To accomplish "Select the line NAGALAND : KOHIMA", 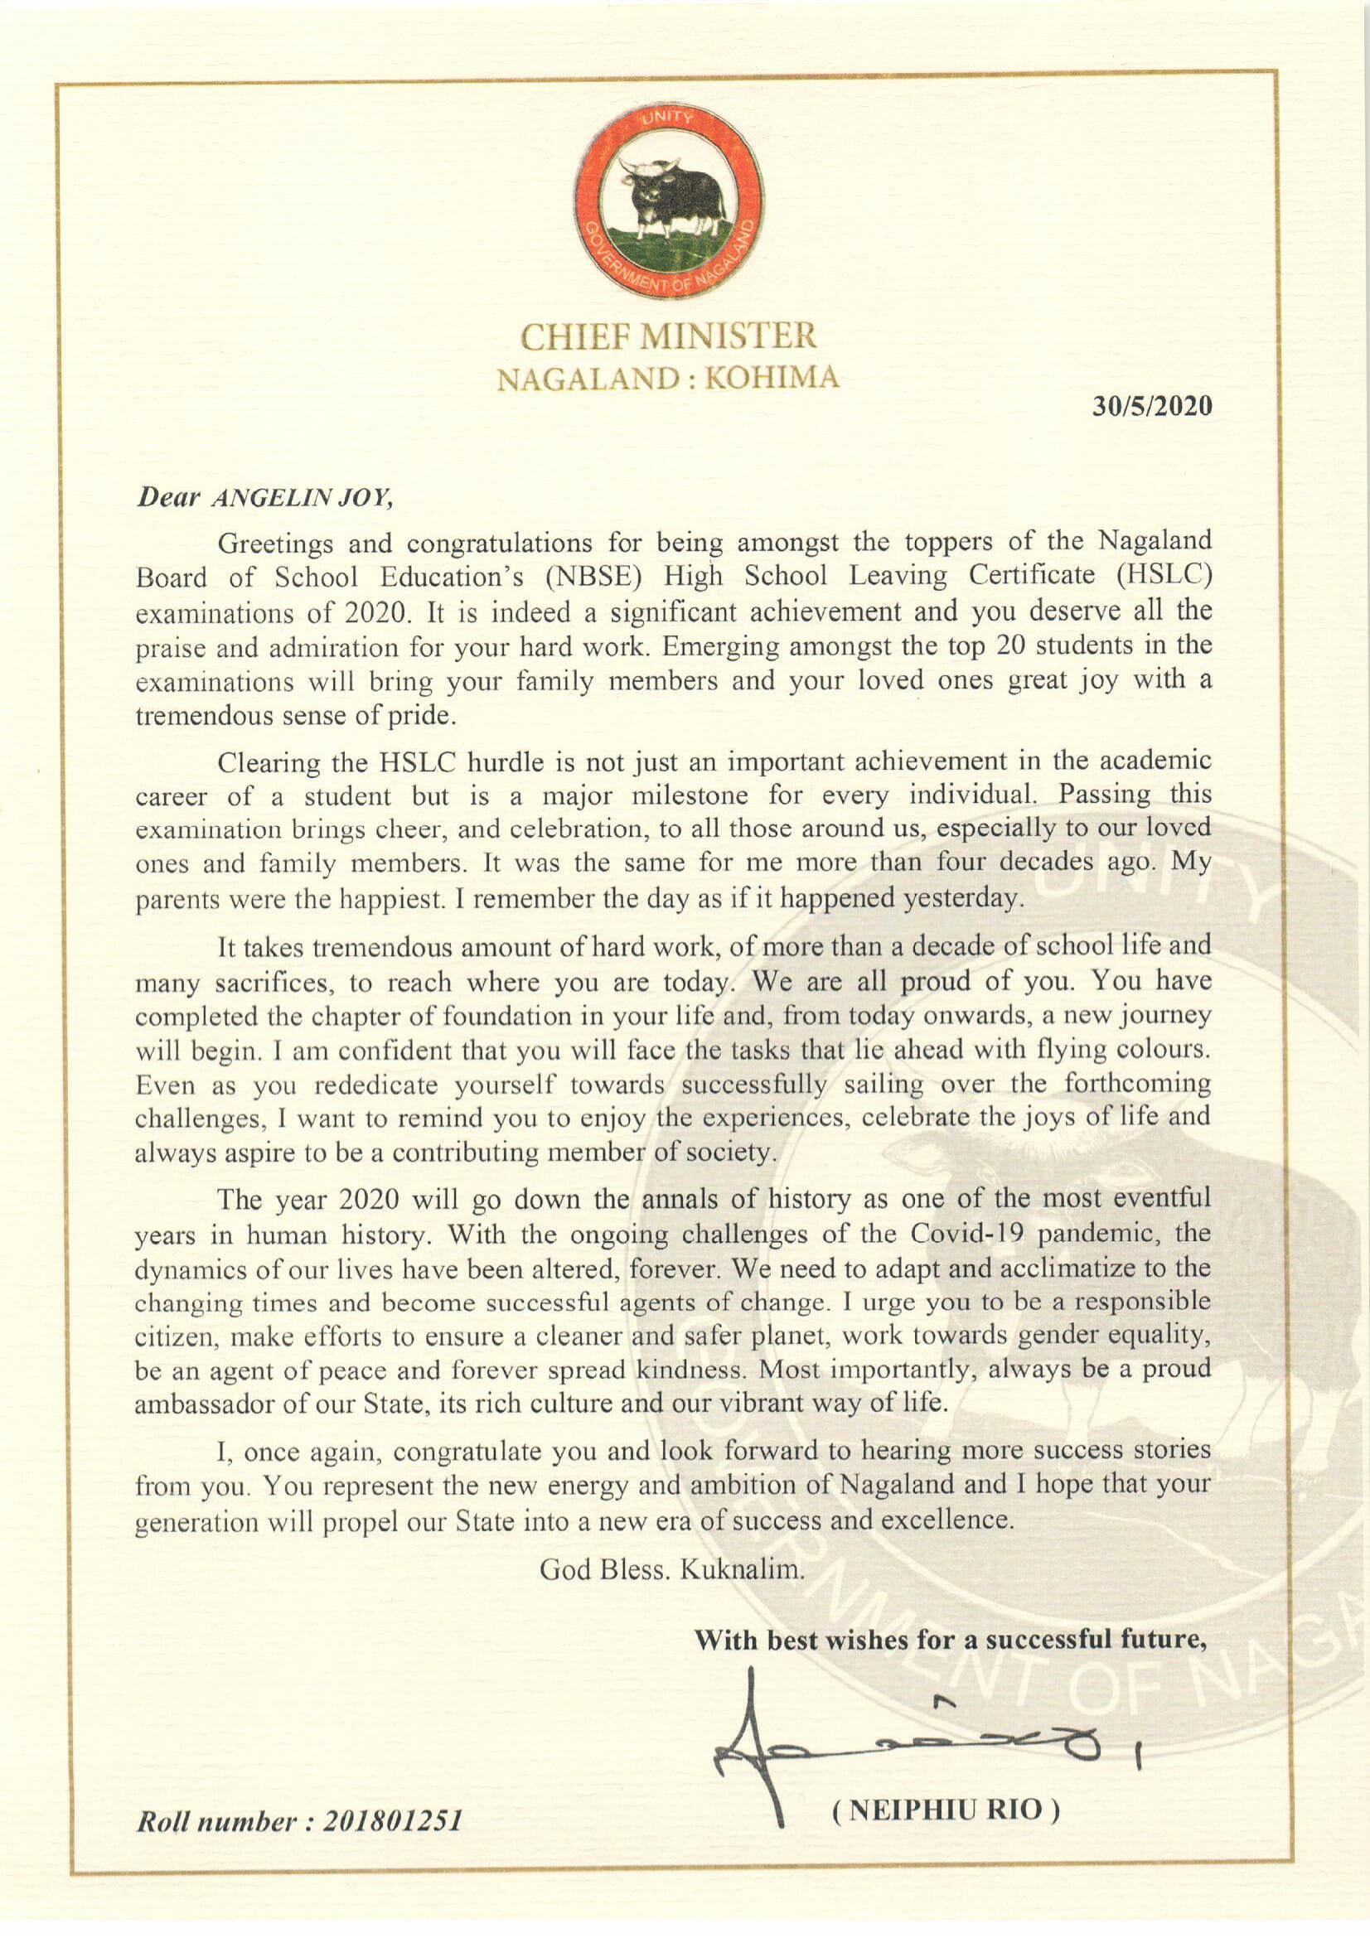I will click(x=669, y=379).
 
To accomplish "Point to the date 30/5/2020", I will click(x=1152, y=407).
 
